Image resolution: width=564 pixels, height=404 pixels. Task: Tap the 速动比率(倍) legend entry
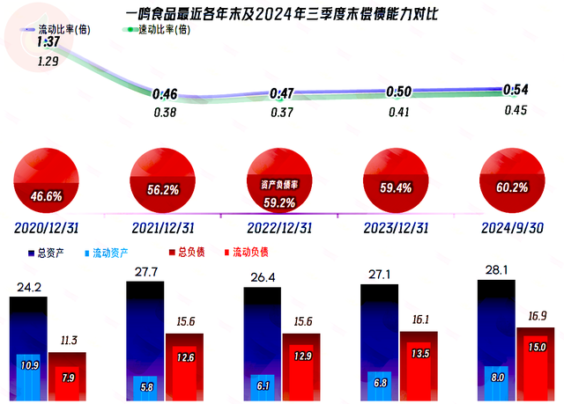coord(156,29)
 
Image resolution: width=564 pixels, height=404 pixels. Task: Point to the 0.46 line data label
coord(165,94)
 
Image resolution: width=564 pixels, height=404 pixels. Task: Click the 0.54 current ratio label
coord(516,90)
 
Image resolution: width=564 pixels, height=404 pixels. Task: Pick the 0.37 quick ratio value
coord(282,113)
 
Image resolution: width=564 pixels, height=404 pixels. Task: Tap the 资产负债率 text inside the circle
coord(282,186)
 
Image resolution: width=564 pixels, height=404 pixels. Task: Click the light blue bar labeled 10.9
coord(28,376)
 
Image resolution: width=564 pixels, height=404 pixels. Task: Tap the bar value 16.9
coord(537,315)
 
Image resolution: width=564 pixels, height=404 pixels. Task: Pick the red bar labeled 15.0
coord(537,368)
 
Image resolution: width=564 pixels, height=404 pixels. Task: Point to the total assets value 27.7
coord(145,275)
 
